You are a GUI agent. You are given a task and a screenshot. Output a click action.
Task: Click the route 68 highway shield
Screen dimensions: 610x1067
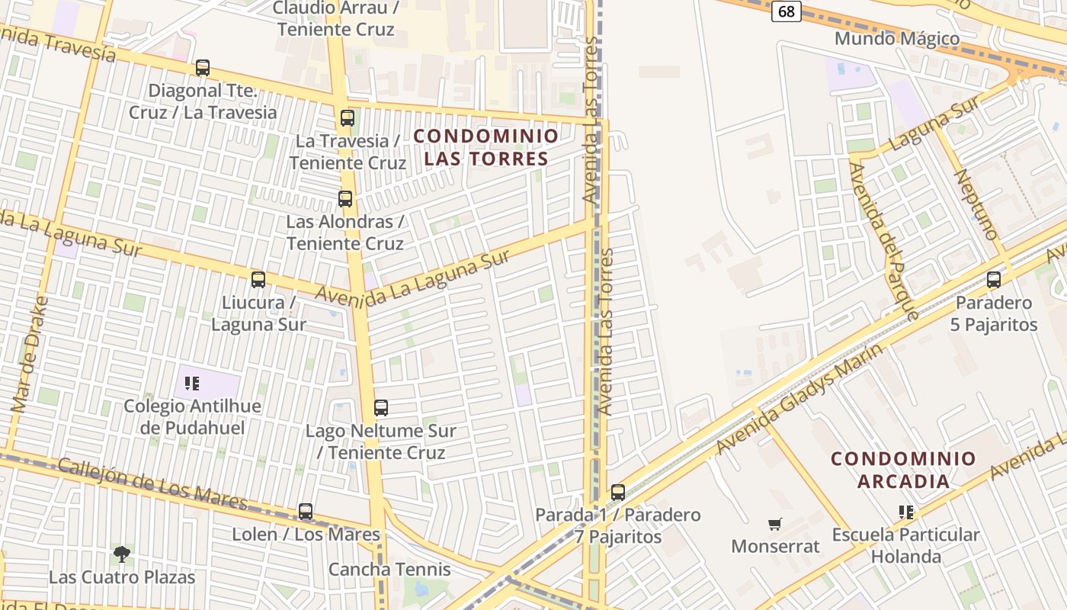[786, 11]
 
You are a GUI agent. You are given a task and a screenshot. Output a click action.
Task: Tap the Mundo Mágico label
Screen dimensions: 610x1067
[897, 38]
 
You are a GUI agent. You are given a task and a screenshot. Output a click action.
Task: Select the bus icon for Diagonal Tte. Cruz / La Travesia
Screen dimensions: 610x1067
[202, 68]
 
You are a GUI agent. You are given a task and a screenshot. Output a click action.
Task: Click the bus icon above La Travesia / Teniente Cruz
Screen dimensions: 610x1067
[348, 118]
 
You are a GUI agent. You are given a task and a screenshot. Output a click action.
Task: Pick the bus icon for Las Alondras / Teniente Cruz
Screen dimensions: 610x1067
[345, 199]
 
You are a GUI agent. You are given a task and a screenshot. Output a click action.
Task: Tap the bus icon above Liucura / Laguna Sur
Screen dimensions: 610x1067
[258, 280]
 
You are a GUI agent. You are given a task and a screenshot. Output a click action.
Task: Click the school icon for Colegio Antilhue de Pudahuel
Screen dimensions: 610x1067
[192, 383]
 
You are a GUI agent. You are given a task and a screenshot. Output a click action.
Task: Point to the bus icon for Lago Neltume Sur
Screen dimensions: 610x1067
[381, 408]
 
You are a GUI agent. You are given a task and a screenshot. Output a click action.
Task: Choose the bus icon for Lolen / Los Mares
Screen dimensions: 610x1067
[306, 512]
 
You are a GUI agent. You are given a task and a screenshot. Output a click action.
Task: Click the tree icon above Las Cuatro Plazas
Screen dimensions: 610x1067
[121, 554]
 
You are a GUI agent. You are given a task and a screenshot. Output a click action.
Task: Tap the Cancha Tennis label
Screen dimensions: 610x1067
[389, 570]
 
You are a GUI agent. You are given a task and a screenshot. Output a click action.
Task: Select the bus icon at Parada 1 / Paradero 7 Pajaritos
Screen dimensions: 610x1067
[618, 493]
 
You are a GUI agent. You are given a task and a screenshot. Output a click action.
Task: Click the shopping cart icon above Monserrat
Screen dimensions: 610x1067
[775, 524]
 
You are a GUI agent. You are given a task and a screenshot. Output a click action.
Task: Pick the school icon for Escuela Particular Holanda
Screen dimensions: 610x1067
[906, 512]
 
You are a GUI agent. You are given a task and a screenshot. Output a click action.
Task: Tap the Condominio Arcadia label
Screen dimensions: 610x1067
[903, 470]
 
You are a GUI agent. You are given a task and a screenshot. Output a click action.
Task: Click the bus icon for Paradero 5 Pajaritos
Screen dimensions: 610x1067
[994, 280]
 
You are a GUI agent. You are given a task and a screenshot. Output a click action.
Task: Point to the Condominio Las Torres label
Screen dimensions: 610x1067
[486, 147]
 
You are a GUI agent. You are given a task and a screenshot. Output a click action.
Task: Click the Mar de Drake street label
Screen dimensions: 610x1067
[30, 355]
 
